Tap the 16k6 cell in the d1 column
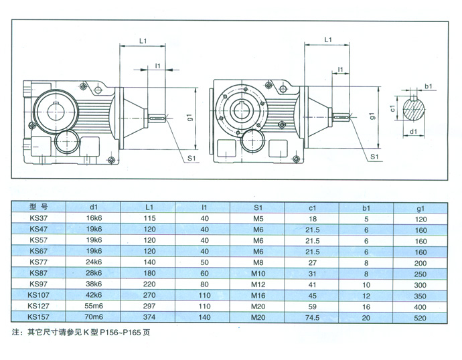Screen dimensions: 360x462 [94, 218]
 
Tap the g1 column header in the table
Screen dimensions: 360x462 [420, 207]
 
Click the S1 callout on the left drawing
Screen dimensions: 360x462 [191, 158]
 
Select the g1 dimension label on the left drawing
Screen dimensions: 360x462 [191, 118]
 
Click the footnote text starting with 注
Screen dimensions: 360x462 [81, 333]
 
